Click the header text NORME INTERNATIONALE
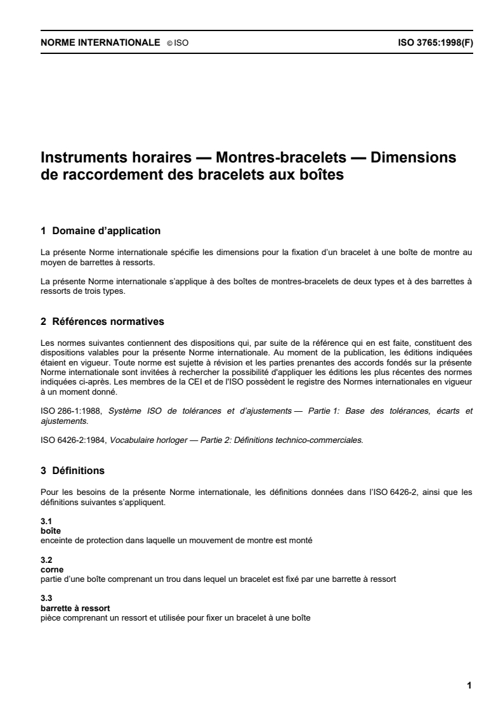(100, 44)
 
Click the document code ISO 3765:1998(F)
(434, 44)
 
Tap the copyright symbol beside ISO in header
(169, 44)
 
